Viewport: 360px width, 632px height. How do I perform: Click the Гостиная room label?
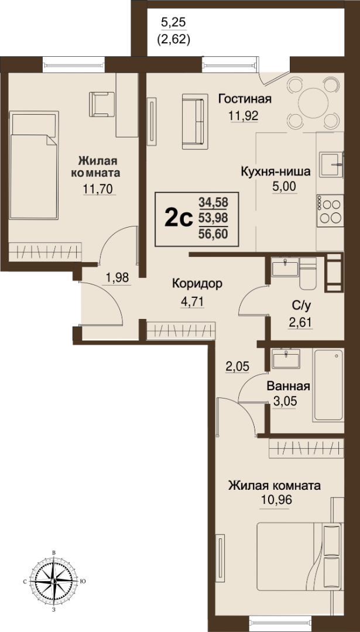click(245, 99)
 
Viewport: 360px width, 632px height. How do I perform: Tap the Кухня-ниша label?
click(275, 172)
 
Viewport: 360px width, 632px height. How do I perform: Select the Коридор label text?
click(197, 284)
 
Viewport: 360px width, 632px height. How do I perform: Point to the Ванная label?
click(288, 387)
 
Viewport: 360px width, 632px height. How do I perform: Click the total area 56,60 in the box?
click(213, 233)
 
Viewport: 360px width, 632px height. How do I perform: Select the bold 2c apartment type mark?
click(178, 219)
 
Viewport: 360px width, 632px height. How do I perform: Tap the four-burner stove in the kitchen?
click(330, 210)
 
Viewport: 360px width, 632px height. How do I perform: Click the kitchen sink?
click(331, 164)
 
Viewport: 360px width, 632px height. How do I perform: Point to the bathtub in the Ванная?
click(328, 386)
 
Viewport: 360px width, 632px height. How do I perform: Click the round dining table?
click(313, 103)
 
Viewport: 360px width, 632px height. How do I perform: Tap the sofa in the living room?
click(193, 121)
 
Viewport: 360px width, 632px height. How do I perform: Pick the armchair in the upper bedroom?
click(102, 104)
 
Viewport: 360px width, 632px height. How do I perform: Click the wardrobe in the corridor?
click(181, 331)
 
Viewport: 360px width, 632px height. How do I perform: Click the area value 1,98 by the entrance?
click(116, 278)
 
